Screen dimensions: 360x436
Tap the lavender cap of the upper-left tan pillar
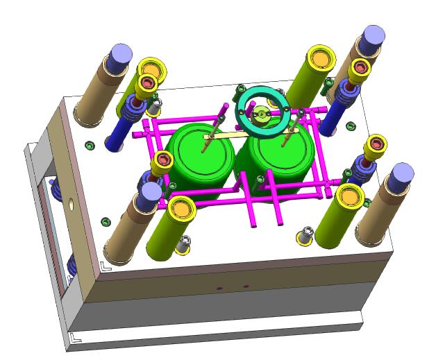(121, 53)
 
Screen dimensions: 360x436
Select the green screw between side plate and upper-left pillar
(89, 145)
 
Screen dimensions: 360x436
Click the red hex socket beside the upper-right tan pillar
(360, 68)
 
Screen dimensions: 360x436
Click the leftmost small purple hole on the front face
(220, 287)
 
